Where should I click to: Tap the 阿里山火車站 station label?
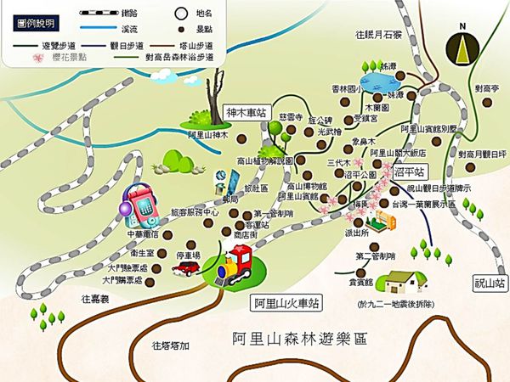coord(286,302)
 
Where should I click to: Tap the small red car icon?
coord(186,268)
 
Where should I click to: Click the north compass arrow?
coord(463,46)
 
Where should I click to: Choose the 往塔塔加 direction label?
coord(170,345)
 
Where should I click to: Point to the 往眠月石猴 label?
coord(379,34)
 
